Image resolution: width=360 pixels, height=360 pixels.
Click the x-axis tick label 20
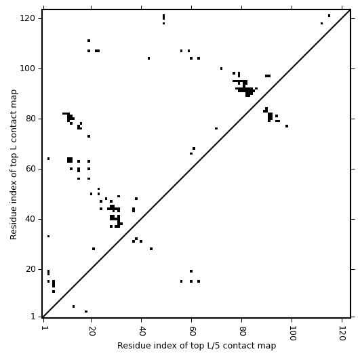[92, 331]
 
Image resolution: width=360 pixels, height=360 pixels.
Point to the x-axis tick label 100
[292, 333]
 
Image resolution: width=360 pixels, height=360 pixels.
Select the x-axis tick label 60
[192, 331]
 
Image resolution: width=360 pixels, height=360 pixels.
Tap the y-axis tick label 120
[27, 18]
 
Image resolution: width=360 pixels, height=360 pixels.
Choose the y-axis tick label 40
[30, 219]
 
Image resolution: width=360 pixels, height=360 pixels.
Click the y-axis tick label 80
[30, 119]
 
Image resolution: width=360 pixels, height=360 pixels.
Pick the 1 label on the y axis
[33, 317]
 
